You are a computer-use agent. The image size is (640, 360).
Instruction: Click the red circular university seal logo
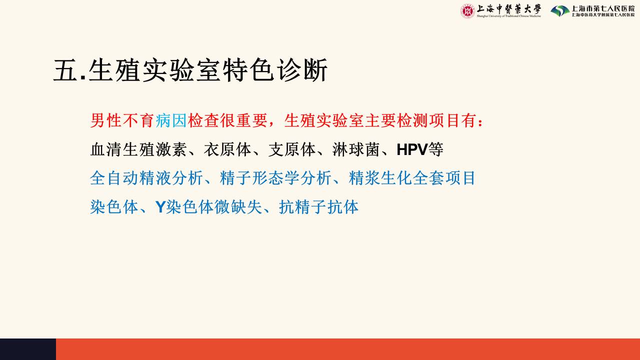pos(467,11)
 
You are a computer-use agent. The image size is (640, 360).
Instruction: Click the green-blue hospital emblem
pos(560,11)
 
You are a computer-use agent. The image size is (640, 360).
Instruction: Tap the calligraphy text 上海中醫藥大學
pos(509,9)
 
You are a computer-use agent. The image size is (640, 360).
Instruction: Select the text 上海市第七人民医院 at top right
pos(603,8)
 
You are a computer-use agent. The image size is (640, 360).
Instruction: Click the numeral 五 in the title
pos(65,70)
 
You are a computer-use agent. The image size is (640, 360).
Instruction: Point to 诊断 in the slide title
pos(302,70)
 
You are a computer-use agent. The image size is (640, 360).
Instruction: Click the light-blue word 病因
pos(171,120)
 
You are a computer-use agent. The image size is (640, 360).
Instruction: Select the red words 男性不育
pos(122,120)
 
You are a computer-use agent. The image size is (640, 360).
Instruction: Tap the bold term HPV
pos(412,149)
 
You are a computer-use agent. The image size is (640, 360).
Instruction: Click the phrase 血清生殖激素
pos(138,149)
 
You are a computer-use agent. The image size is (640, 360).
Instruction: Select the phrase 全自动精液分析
pos(146,178)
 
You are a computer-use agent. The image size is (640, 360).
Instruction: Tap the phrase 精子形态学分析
pos(275,178)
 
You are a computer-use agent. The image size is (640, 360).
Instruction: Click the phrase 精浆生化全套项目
pos(411,178)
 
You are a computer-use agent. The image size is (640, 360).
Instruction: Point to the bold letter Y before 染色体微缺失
pos(160,207)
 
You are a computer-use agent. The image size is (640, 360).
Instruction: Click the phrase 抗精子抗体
pos(318,207)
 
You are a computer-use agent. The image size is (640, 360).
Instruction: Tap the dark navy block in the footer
pos(28,349)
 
